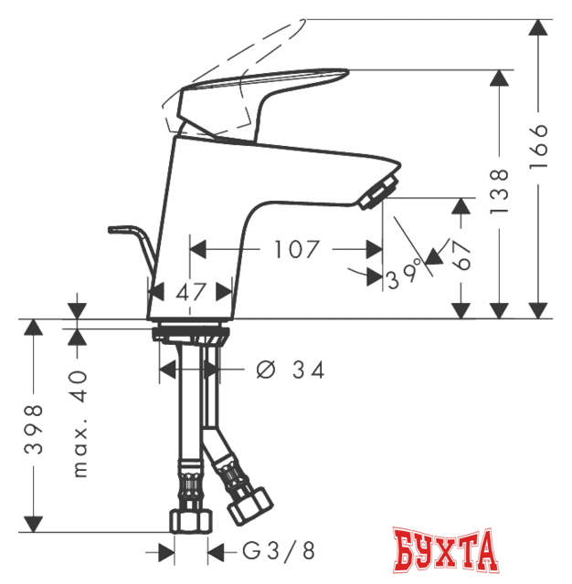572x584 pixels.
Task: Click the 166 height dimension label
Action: click(x=538, y=147)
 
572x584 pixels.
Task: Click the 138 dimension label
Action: click(x=499, y=192)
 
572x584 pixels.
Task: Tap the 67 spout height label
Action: click(x=461, y=255)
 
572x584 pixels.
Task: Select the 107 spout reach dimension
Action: click(x=297, y=249)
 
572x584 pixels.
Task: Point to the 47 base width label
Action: click(x=191, y=292)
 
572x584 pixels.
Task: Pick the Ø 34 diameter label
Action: click(x=291, y=370)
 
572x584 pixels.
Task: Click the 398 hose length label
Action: click(x=34, y=429)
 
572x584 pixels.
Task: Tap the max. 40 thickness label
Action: click(x=79, y=424)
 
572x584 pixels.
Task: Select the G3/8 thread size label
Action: click(x=279, y=551)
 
